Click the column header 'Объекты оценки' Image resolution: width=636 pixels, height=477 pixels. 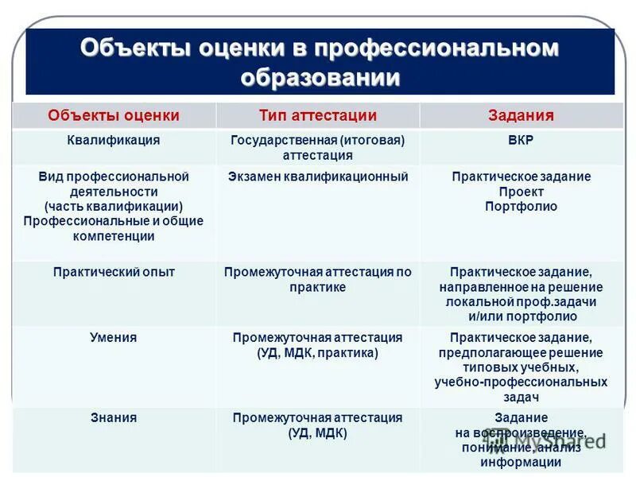click(114, 115)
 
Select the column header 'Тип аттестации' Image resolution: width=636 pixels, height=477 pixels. click(318, 115)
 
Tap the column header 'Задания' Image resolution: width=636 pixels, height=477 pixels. click(521, 115)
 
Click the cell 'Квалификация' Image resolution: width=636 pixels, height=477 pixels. click(114, 140)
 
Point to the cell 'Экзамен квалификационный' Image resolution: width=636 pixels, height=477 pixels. click(318, 176)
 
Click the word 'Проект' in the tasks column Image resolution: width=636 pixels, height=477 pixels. click(521, 192)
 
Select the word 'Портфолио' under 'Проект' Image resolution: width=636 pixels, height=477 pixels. click(521, 207)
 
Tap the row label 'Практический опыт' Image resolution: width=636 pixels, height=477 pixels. click(114, 272)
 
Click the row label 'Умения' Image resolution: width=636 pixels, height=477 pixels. click(114, 337)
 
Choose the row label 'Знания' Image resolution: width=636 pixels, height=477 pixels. click(114, 417)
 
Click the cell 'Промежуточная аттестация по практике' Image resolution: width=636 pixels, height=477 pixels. click(318, 280)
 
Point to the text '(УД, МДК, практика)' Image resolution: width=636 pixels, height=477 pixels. click(318, 352)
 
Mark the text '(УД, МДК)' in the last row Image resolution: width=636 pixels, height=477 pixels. click(318, 432)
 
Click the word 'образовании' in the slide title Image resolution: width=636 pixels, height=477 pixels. click(320, 77)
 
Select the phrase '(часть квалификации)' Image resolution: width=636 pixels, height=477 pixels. click(114, 207)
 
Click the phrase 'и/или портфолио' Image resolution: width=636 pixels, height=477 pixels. click(521, 317)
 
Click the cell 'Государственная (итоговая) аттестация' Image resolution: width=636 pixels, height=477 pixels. click(318, 147)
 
